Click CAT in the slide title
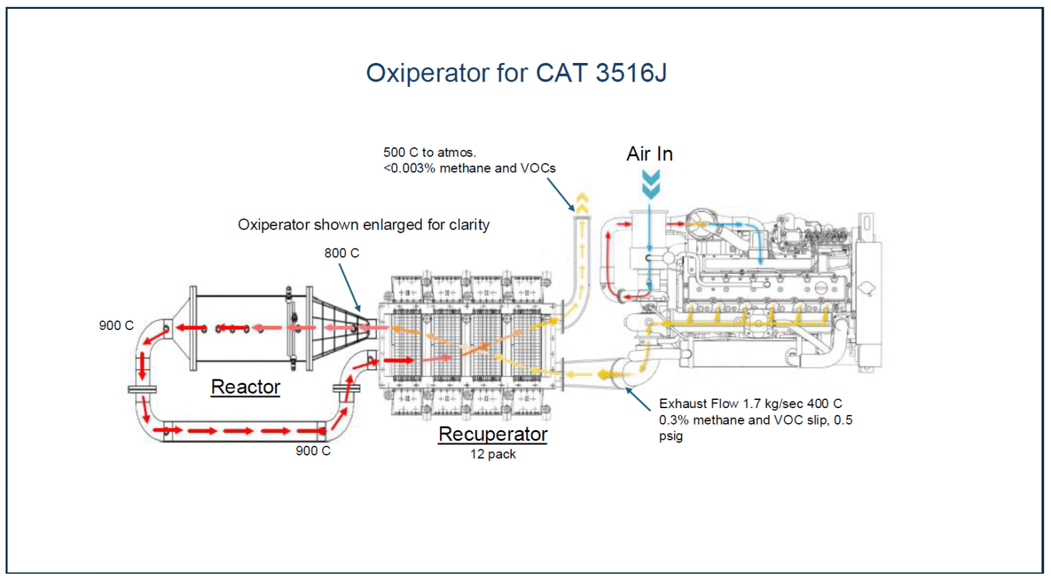click(561, 73)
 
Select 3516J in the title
click(631, 73)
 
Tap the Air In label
click(649, 154)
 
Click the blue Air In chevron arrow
click(651, 184)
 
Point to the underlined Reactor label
click(245, 387)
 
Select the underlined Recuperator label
click(493, 434)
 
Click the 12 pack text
click(493, 454)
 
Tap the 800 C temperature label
click(341, 253)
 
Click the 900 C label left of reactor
click(116, 326)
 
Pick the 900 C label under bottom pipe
click(313, 451)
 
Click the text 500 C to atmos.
click(430, 153)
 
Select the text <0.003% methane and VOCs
click(469, 168)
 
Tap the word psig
click(671, 436)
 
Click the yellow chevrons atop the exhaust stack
click(582, 201)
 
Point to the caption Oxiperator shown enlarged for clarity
click(363, 225)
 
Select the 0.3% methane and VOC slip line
click(755, 420)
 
